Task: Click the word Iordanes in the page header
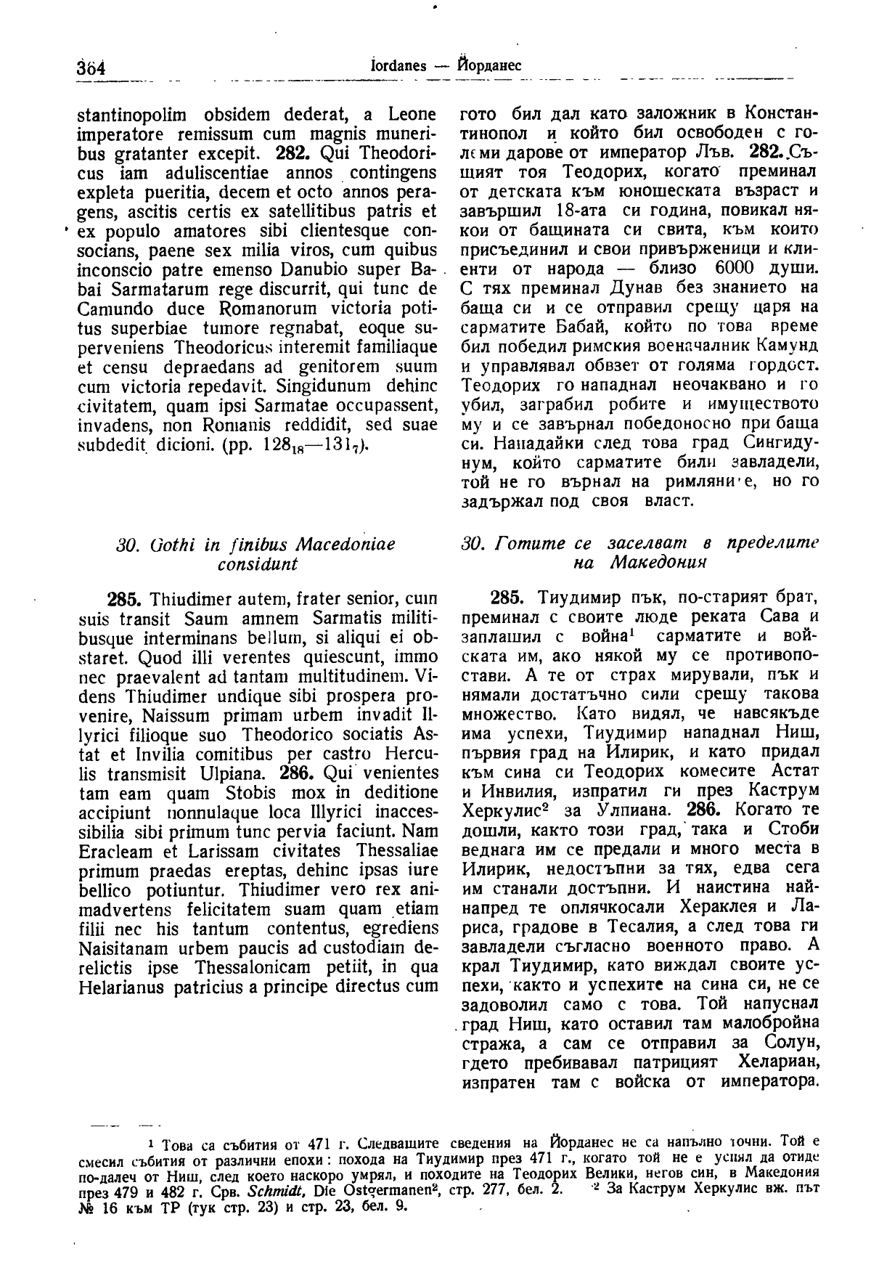coord(398,65)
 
